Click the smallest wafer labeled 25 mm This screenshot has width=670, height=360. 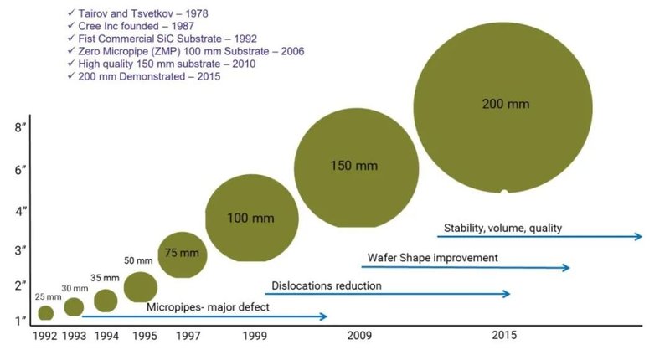[47, 313]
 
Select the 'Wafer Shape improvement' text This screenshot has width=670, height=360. [433, 258]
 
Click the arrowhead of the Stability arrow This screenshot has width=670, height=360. [640, 237]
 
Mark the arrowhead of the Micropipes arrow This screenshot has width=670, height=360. [325, 316]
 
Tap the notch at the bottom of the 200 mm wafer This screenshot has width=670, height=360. [503, 193]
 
